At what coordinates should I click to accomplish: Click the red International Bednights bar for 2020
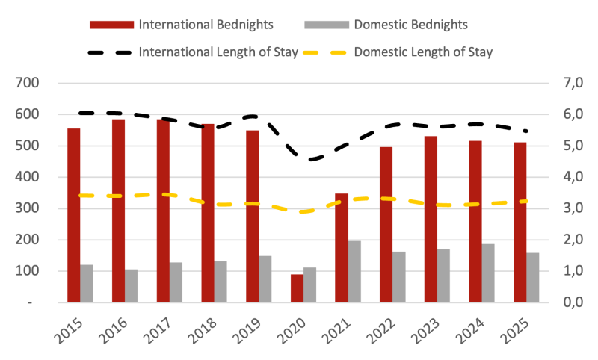297,288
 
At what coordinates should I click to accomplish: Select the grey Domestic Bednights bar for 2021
355,271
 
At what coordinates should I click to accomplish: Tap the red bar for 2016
118,211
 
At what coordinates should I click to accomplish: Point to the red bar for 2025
520,223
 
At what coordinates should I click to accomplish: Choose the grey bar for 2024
488,273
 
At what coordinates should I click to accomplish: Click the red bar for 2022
386,225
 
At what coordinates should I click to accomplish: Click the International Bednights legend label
206,25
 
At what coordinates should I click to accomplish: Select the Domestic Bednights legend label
410,25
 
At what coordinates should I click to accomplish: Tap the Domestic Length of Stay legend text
423,52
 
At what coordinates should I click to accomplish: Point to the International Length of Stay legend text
218,52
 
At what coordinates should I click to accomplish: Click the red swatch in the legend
111,25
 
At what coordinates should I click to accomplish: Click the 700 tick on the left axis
27,83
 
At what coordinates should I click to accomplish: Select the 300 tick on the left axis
27,208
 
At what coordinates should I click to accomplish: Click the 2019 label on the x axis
247,326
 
